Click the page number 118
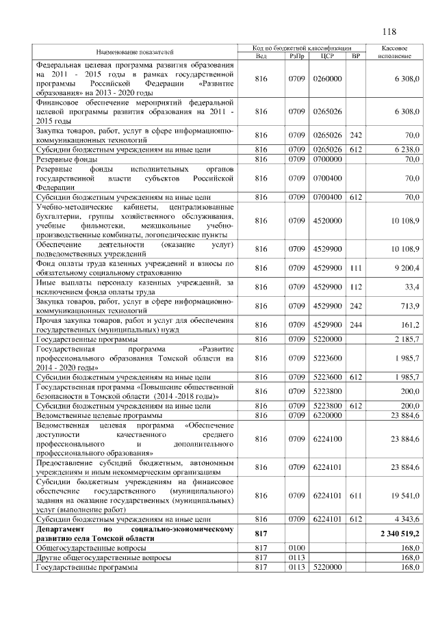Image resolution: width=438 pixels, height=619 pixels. [390, 31]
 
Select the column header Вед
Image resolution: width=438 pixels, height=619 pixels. [261, 55]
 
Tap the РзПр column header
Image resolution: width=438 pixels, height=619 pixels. [297, 55]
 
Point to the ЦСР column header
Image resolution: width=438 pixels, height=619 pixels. [326, 55]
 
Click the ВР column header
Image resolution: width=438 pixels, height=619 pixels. [355, 55]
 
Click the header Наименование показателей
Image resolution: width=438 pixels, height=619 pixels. [135, 52]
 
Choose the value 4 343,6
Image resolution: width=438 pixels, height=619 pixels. [407, 521]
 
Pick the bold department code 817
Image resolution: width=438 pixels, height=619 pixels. [261, 531]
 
